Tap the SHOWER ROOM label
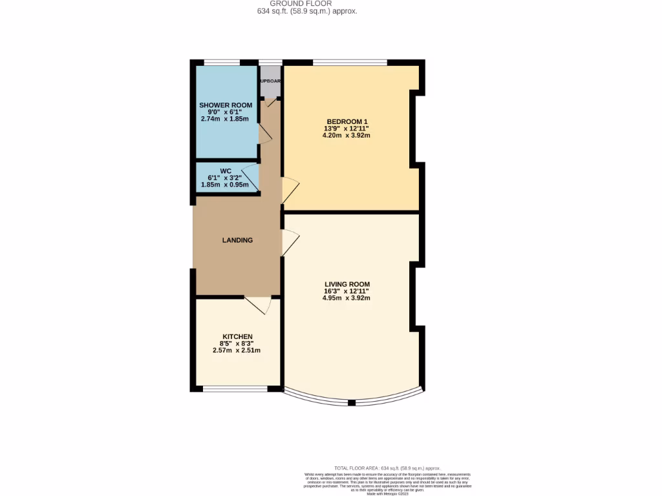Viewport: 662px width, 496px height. [225, 105]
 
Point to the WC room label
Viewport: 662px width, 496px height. [226, 171]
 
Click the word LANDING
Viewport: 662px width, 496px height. [237, 240]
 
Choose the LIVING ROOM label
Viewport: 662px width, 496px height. [347, 284]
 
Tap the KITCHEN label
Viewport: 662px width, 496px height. [237, 336]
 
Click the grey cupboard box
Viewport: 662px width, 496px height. [270, 81]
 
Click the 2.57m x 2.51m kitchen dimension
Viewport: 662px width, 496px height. [237, 351]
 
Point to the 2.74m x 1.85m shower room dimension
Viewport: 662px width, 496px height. [225, 119]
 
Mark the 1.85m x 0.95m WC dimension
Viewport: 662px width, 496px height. [226, 185]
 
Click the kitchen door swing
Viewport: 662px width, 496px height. [257, 305]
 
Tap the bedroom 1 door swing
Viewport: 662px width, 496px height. [291, 192]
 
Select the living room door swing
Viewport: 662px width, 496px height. [290, 243]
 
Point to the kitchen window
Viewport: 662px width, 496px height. [235, 389]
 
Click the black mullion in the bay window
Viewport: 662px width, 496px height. [352, 403]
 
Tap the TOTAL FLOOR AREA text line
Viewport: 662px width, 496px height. [387, 468]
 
